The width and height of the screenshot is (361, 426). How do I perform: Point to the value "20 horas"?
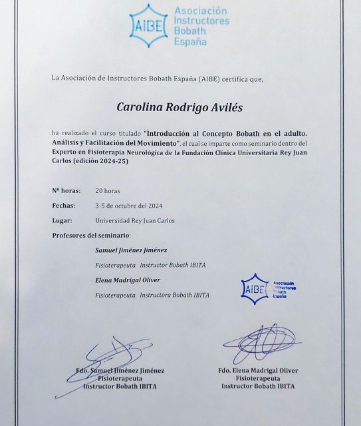point(108,190)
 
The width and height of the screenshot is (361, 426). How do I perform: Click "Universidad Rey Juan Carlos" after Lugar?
point(135,220)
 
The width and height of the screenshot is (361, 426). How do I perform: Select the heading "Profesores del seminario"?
point(91,235)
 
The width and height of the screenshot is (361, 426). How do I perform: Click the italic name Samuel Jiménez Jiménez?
point(131,250)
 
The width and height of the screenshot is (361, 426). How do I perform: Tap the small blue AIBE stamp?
point(255,287)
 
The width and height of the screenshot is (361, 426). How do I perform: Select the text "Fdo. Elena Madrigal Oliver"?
point(258,371)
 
